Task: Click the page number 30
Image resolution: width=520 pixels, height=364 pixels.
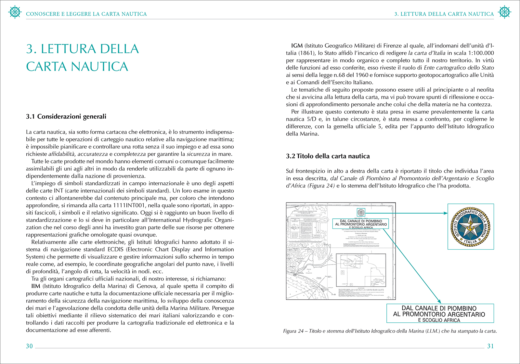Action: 29,346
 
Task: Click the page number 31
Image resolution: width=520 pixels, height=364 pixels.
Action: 490,346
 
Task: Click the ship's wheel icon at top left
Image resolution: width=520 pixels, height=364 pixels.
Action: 15,12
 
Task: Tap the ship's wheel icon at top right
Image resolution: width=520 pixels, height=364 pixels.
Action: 504,12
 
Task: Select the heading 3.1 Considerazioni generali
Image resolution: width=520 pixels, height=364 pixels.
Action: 66,117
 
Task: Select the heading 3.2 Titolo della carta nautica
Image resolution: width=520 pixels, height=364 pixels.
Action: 328,156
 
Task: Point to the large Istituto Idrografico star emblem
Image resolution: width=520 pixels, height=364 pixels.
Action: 470,227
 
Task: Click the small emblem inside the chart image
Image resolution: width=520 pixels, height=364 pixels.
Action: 361,213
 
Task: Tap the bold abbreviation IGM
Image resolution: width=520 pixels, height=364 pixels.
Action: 297,46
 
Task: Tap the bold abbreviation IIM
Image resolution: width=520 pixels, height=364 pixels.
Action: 36,286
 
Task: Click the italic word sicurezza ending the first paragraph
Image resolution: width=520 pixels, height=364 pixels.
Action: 198,154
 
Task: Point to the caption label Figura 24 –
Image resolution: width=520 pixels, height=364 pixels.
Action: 295,331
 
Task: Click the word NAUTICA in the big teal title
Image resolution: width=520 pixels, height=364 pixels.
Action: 99,67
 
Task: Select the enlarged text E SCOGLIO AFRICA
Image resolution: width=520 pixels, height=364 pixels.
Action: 439,320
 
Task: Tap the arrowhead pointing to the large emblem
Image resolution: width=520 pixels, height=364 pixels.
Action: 446,213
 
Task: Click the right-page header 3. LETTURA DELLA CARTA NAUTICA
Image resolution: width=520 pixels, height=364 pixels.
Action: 444,14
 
